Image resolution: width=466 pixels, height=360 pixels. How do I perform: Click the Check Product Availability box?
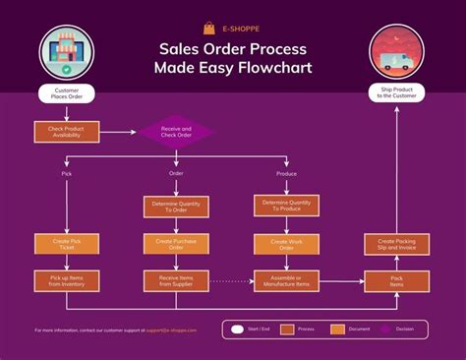(x=66, y=131)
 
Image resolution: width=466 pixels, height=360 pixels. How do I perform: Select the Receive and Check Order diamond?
(x=176, y=131)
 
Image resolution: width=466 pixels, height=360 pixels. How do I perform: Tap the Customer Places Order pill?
(x=66, y=94)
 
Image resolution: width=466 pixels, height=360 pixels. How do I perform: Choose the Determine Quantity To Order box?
(x=176, y=207)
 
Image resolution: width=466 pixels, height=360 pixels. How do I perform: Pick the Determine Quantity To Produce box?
(x=287, y=206)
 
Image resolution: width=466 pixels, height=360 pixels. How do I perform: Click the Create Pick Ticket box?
(x=66, y=243)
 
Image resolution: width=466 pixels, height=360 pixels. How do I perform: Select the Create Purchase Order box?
(x=176, y=243)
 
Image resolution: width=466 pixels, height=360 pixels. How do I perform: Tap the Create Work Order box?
(x=287, y=243)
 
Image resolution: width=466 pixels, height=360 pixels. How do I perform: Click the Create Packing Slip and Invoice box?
(x=397, y=244)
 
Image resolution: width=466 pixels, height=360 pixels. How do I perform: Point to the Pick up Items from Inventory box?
(x=66, y=280)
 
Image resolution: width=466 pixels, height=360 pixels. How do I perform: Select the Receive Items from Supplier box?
(x=176, y=280)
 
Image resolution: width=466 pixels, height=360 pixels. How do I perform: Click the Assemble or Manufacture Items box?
(x=287, y=280)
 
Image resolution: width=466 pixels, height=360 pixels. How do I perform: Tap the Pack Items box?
(x=397, y=280)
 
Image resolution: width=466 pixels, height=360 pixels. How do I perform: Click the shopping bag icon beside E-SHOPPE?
(x=208, y=29)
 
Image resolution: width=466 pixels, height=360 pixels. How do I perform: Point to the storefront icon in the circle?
(x=66, y=55)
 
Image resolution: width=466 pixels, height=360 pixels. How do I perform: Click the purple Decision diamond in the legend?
(x=385, y=330)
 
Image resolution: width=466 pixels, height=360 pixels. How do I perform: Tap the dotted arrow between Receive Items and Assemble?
(x=231, y=280)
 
